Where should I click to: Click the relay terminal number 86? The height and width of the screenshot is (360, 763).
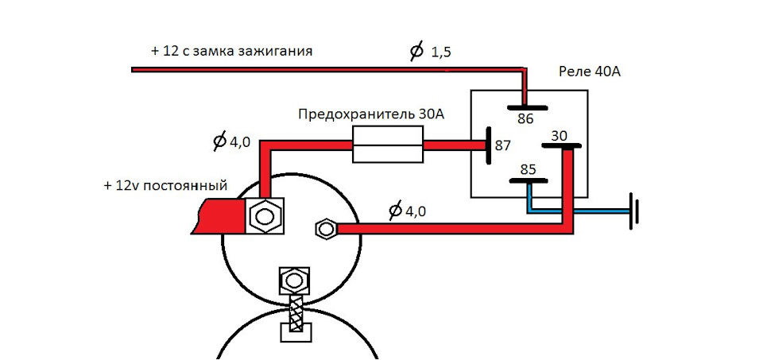click(x=525, y=118)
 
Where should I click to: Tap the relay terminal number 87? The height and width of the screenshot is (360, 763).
click(x=503, y=145)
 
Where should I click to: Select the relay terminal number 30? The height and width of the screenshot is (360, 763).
click(x=559, y=137)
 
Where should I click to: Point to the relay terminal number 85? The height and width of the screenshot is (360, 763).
click(x=528, y=170)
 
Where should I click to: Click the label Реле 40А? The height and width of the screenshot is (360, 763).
click(x=590, y=72)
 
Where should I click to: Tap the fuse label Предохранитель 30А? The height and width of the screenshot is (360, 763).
click(x=371, y=114)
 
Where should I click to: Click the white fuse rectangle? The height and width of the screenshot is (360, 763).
click(x=387, y=145)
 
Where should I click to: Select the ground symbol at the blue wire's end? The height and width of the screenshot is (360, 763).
click(x=633, y=211)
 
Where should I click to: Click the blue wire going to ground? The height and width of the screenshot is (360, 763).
click(x=579, y=211)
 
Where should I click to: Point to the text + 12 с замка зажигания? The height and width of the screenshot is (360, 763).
click(x=231, y=51)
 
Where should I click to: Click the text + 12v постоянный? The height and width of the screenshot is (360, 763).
click(x=165, y=185)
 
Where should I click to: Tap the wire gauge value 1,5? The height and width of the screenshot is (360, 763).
click(x=441, y=52)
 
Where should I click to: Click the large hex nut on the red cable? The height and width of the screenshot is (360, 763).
click(x=263, y=214)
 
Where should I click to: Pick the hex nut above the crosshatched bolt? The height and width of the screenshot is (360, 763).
click(x=294, y=281)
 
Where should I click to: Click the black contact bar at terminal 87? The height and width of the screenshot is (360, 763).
click(x=489, y=145)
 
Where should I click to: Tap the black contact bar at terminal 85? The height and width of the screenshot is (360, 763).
click(x=529, y=181)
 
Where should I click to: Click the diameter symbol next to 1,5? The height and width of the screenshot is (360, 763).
click(x=416, y=51)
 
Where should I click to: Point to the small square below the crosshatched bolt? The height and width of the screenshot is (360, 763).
click(x=296, y=332)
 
